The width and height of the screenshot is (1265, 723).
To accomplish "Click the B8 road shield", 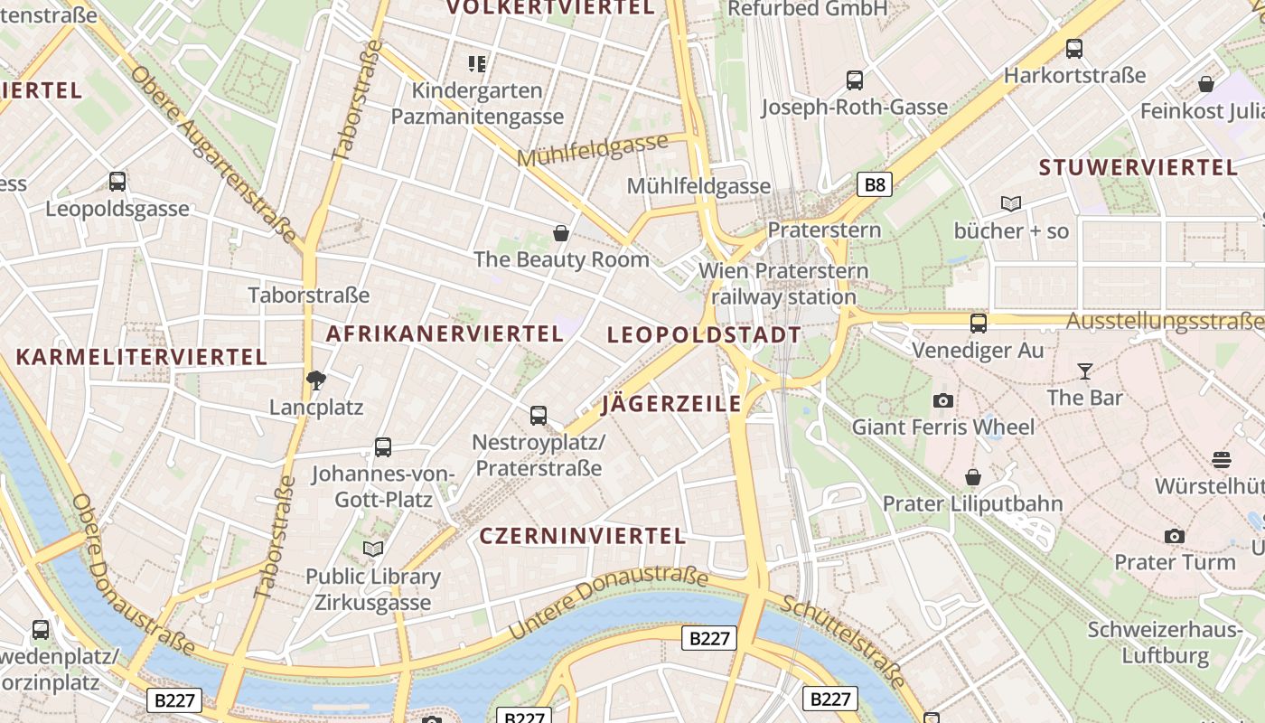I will pyautogui.click(x=874, y=185).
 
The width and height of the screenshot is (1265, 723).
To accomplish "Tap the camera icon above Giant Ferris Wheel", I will pyautogui.click(x=942, y=400).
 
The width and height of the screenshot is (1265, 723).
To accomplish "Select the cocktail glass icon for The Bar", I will pyautogui.click(x=1084, y=371).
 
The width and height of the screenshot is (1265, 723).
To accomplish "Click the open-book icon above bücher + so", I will pyautogui.click(x=1010, y=204).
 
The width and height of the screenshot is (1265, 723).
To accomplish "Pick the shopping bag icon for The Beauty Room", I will pyautogui.click(x=561, y=233).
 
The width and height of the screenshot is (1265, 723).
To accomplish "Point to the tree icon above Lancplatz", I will pyautogui.click(x=315, y=380).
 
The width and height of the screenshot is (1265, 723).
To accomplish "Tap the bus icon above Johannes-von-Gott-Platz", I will pyautogui.click(x=382, y=446).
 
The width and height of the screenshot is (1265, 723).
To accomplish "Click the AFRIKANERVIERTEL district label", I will pyautogui.click(x=445, y=333).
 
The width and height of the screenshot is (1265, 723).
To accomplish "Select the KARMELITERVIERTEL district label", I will pyautogui.click(x=142, y=357).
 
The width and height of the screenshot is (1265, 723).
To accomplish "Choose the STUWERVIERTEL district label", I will pyautogui.click(x=1138, y=167).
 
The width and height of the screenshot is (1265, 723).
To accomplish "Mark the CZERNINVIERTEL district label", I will pyautogui.click(x=583, y=536).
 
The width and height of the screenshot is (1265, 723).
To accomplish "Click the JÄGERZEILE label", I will pyautogui.click(x=670, y=403).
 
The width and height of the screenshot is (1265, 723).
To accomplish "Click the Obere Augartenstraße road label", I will pyautogui.click(x=213, y=154).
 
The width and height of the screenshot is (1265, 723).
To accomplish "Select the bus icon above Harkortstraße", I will pyautogui.click(x=1073, y=49).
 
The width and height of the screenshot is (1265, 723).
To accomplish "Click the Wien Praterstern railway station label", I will pyautogui.click(x=783, y=284).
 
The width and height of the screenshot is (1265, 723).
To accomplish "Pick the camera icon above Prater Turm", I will pyautogui.click(x=1174, y=536).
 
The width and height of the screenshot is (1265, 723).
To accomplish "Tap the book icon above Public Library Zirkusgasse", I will pyautogui.click(x=372, y=549).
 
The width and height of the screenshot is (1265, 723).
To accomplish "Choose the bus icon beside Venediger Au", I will pyautogui.click(x=978, y=323).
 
